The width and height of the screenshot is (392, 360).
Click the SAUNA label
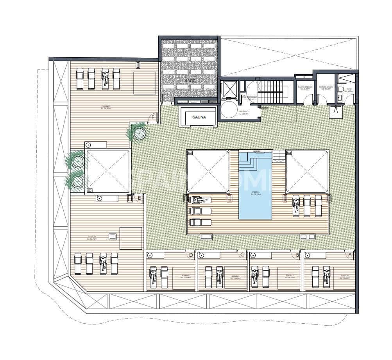[x=199, y=116]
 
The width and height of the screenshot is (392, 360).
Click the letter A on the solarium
[x=350, y=254]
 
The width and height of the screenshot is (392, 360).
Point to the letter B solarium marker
[x=298, y=255]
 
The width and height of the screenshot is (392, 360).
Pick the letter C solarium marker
[x=243, y=255]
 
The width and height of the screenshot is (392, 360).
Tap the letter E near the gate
[x=140, y=198]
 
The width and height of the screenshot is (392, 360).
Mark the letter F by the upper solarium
[x=153, y=116]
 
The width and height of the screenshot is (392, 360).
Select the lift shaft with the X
[x=229, y=88]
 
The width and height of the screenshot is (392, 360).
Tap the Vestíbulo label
[x=244, y=112]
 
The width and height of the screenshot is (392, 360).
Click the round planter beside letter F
[x=138, y=133]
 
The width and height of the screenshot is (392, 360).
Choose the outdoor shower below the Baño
[x=336, y=112]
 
